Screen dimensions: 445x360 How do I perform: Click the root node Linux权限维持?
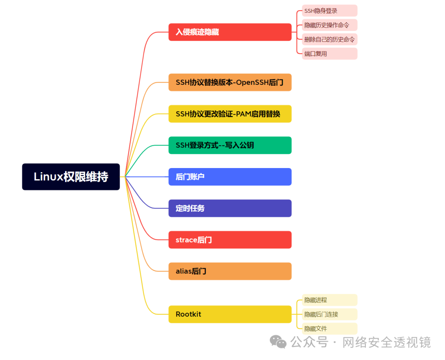[x=71, y=177]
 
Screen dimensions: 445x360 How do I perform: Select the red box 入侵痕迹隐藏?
[x=230, y=32]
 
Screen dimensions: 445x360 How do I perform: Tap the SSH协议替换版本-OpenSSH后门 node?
[x=230, y=82]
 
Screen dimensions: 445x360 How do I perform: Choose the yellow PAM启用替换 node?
[x=230, y=114]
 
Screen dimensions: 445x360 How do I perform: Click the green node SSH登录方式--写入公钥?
[x=230, y=145]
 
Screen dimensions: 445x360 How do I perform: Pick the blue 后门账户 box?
[x=230, y=177]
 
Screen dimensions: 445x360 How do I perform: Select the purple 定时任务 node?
[x=230, y=208]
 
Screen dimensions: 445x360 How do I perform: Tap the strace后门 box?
[x=230, y=240]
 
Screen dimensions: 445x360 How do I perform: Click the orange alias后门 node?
[x=230, y=271]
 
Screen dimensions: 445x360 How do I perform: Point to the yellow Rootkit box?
[x=230, y=314]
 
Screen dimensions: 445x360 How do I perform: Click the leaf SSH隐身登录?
[x=329, y=11]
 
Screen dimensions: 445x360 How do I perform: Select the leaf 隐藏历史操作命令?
[x=329, y=25]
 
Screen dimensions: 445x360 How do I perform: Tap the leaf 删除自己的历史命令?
[x=329, y=40]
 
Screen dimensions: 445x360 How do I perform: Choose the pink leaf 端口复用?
[x=329, y=54]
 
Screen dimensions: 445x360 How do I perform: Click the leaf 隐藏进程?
[x=329, y=300]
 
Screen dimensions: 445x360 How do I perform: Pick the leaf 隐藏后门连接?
[x=329, y=314]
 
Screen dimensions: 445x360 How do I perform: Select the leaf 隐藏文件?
[x=329, y=329]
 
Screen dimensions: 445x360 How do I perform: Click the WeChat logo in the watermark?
[x=278, y=342]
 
